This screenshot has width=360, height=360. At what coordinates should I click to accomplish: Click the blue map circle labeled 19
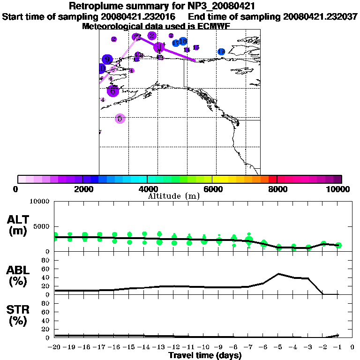[x=221, y=52]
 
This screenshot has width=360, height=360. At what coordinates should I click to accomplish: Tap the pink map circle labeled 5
[x=120, y=119]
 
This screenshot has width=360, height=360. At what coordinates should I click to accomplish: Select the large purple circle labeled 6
[x=112, y=91]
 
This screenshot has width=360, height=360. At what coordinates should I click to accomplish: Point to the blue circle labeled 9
[x=107, y=60]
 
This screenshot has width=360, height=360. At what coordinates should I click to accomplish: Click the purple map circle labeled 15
[x=196, y=47]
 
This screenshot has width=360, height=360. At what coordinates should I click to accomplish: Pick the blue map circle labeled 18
[x=183, y=42]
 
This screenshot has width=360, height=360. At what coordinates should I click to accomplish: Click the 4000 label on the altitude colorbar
[x=147, y=189]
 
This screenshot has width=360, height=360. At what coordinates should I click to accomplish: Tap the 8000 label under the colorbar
[x=277, y=189]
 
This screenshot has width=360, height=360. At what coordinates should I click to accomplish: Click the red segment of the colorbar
[x=273, y=179]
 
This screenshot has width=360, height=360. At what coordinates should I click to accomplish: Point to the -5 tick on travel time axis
[x=278, y=348]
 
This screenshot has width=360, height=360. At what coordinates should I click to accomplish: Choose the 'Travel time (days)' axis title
[x=205, y=356]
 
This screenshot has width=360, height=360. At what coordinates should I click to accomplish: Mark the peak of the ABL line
[x=278, y=273]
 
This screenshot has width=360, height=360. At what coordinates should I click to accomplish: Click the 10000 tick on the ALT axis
[x=39, y=202]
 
